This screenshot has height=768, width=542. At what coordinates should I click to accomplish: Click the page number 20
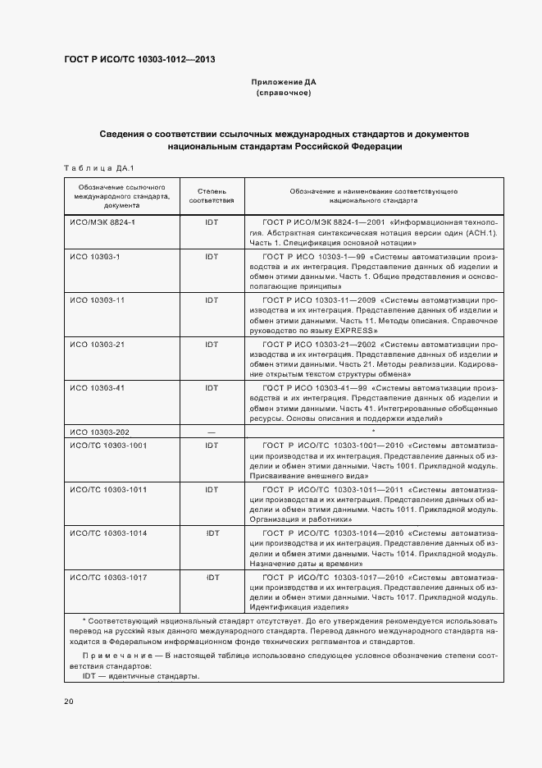coord(69,702)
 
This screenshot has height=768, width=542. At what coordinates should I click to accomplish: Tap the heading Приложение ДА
coord(283,83)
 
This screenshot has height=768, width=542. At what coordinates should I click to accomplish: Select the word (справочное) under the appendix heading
coord(283,94)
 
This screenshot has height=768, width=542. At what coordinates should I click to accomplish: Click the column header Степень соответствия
coord(212,195)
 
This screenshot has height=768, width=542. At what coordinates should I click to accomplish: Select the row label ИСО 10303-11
coord(97,300)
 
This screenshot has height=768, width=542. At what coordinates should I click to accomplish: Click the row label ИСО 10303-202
coord(98,432)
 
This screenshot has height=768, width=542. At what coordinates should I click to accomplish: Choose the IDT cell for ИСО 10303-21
coord(212,344)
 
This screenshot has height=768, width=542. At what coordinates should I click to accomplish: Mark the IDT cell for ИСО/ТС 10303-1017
coord(212,578)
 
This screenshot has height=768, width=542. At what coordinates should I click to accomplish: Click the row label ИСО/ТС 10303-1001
coord(108,445)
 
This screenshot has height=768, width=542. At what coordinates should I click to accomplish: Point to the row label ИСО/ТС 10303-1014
coord(108,533)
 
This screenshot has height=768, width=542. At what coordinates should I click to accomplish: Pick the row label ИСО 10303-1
coord(94,257)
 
